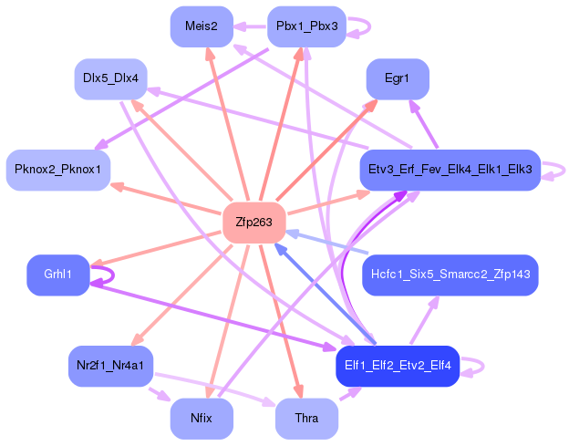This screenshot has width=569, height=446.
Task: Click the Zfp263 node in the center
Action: pos(254,222)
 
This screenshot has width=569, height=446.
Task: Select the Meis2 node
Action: pos(201,26)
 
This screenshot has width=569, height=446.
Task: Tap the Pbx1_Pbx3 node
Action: pos(306,26)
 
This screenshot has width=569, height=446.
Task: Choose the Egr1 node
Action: pos(397,79)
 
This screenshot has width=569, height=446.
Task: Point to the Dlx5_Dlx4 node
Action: pos(110,78)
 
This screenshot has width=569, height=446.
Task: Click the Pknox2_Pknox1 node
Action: pos(58,170)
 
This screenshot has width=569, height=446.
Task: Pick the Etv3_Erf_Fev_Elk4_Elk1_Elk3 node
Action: pos(450,170)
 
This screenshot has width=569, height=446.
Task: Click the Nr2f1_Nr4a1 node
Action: pos(111,365)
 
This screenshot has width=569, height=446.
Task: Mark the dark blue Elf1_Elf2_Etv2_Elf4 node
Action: pos(398,365)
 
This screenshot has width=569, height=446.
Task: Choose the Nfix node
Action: pos(202,419)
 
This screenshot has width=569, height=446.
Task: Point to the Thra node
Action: pos(306,419)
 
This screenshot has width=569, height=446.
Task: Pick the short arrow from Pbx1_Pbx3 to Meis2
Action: pos(250,26)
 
